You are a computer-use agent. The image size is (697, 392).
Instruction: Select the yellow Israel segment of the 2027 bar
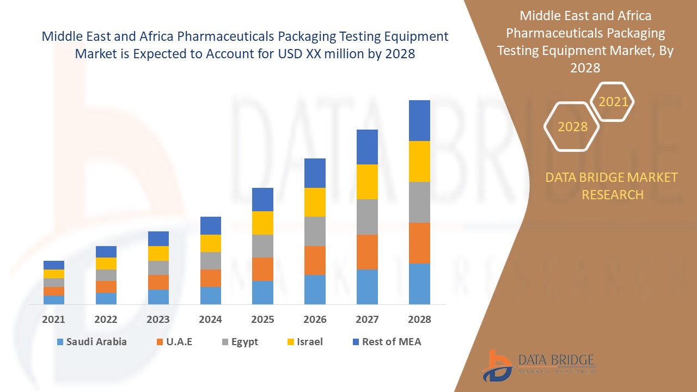click(x=367, y=182)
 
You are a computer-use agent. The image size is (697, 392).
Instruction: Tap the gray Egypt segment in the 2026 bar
click(x=315, y=231)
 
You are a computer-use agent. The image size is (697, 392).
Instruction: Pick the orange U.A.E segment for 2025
click(x=262, y=269)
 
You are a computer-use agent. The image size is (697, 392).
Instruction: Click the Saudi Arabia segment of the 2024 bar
click(x=211, y=295)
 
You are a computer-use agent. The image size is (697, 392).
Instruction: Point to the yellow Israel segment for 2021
click(x=54, y=274)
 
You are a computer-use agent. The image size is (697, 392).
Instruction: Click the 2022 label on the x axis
click(x=106, y=320)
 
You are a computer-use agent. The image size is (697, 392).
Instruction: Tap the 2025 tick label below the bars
click(x=262, y=320)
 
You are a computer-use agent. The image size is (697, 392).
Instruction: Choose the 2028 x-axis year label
click(x=419, y=320)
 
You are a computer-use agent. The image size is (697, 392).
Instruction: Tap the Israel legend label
click(x=309, y=342)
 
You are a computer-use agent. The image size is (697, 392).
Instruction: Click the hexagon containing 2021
click(x=613, y=102)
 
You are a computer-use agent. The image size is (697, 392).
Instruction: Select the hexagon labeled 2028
click(x=572, y=127)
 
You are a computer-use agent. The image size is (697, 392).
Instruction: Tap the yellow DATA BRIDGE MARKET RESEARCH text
click(x=612, y=186)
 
